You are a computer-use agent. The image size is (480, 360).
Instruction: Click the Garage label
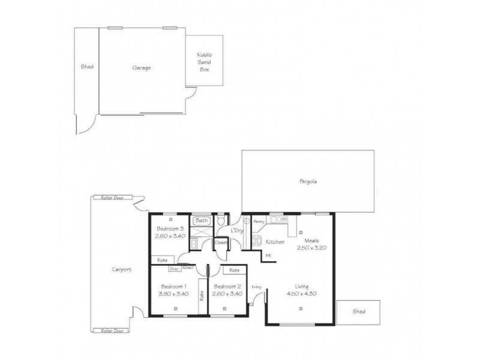pos(142,68)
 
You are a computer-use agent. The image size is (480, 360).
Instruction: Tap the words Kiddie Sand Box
pos(205,62)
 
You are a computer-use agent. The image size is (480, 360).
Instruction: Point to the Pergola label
pos(307,181)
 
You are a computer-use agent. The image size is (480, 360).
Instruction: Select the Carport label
pos(122,270)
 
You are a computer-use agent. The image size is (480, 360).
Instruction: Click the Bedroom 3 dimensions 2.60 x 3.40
pos(170,236)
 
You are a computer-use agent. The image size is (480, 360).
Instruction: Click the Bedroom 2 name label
pos(227,286)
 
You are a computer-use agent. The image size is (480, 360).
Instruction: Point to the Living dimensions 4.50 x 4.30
pos(301,294)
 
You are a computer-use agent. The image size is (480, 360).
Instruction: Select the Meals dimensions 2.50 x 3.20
pos(311,247)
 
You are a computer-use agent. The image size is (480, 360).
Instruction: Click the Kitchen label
pos(275,242)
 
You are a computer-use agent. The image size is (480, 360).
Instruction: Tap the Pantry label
pos(259,221)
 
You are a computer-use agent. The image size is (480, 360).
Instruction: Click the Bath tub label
pos(202,221)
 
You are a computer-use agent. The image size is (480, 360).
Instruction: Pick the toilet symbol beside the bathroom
pos(222,221)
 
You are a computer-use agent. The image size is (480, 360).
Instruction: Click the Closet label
pos(221,243)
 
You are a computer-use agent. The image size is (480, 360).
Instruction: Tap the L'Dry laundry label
pos(236,231)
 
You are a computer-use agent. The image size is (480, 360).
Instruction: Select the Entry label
pos(257,287)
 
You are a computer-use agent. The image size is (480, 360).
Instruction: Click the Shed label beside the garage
pos(87,67)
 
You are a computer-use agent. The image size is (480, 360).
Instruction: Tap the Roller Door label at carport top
pos(112,197)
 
